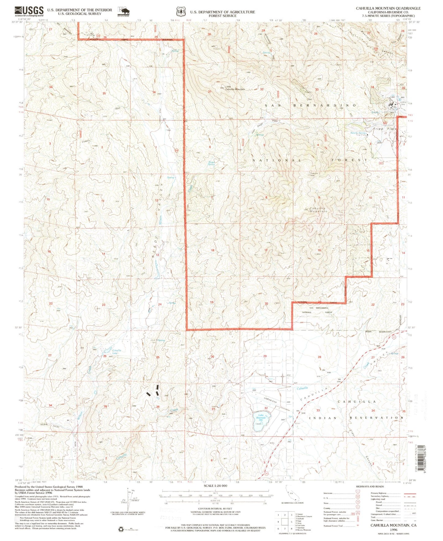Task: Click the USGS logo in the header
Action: coord(29,12)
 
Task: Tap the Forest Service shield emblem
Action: coord(180,12)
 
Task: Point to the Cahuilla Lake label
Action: coord(116,352)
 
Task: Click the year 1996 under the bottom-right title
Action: coord(394,530)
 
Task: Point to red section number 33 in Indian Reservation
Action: coord(318,410)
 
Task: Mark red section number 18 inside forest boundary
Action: coord(212,250)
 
